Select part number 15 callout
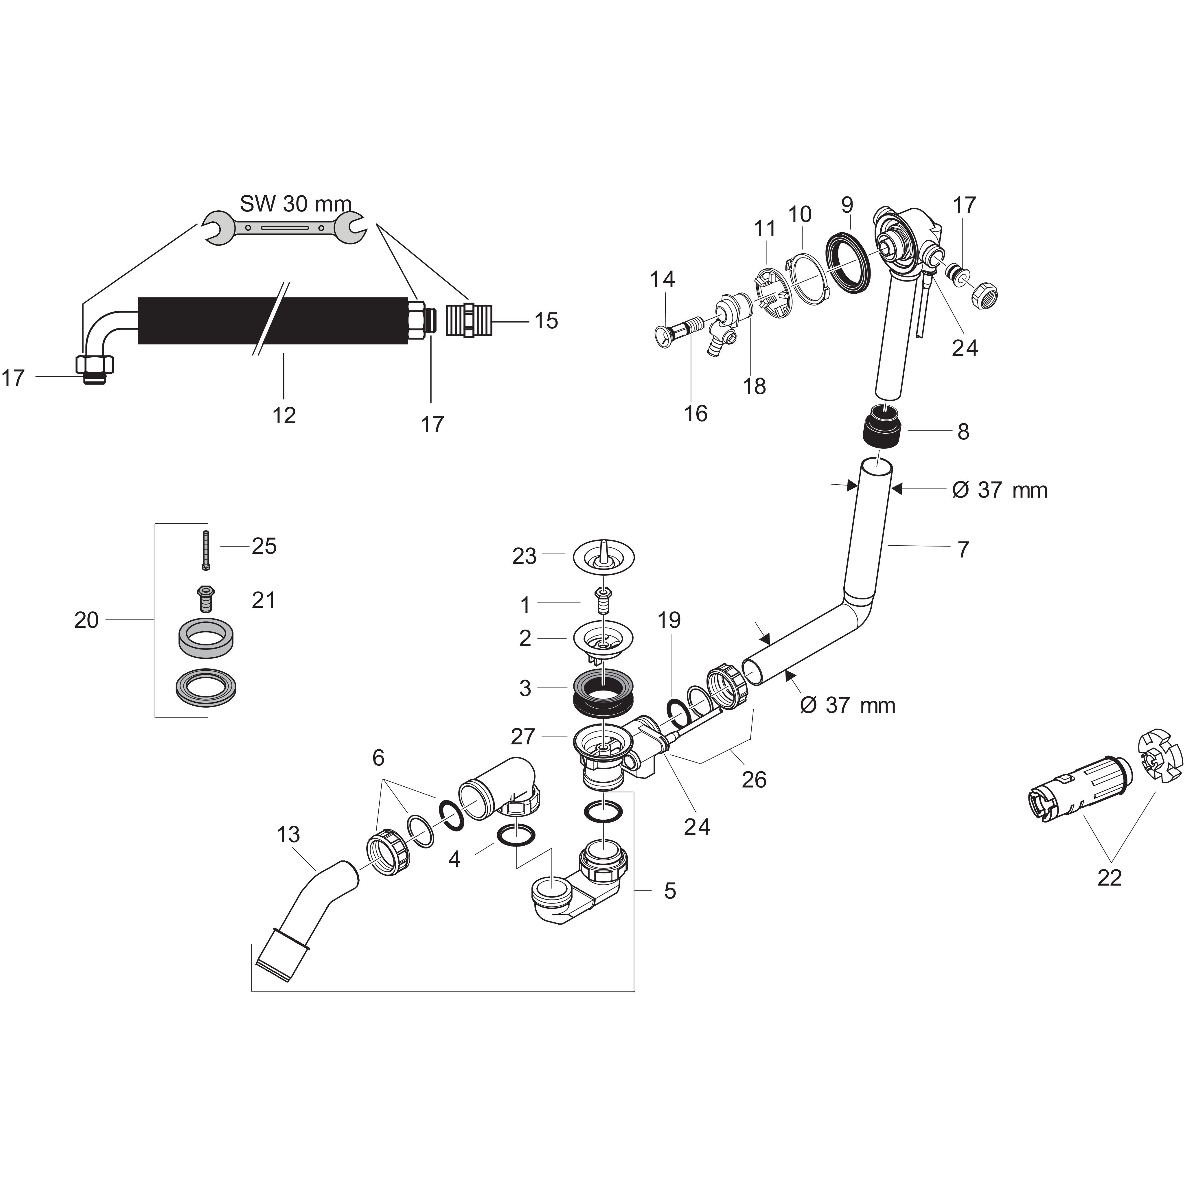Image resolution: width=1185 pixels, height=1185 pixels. (x=546, y=321)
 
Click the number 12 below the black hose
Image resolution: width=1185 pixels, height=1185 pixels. (x=284, y=416)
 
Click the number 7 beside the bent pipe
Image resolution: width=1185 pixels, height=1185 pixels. (x=963, y=550)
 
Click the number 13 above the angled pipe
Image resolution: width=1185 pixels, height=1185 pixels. (x=288, y=835)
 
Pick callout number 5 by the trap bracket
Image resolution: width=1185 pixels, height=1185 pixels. (x=670, y=890)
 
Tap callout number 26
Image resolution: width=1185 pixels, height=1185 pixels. (x=754, y=780)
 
